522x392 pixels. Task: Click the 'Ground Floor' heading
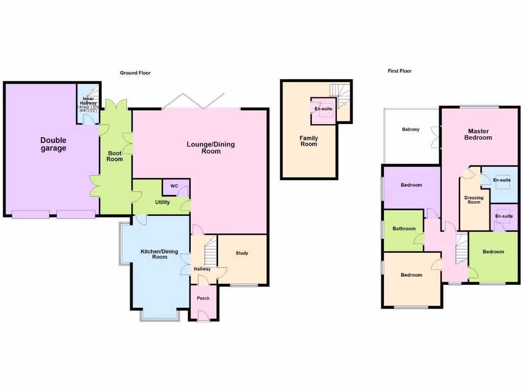(135, 73)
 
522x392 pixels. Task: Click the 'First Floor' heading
(399, 71)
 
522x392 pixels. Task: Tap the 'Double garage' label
(54, 144)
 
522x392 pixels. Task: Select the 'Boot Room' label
(115, 156)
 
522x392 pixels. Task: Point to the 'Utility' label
(162, 203)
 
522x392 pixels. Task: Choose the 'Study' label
(242, 253)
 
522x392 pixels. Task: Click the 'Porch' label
(203, 298)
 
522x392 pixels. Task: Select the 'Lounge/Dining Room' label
(211, 148)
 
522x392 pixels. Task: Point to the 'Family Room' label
(308, 141)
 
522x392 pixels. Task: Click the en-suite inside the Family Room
(323, 109)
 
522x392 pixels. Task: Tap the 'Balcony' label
(410, 130)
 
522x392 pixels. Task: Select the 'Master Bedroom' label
(479, 134)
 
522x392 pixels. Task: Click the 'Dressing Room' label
(474, 200)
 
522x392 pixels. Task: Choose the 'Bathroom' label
(403, 229)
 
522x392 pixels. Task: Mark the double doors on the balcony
(435, 137)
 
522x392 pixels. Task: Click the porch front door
(203, 319)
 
